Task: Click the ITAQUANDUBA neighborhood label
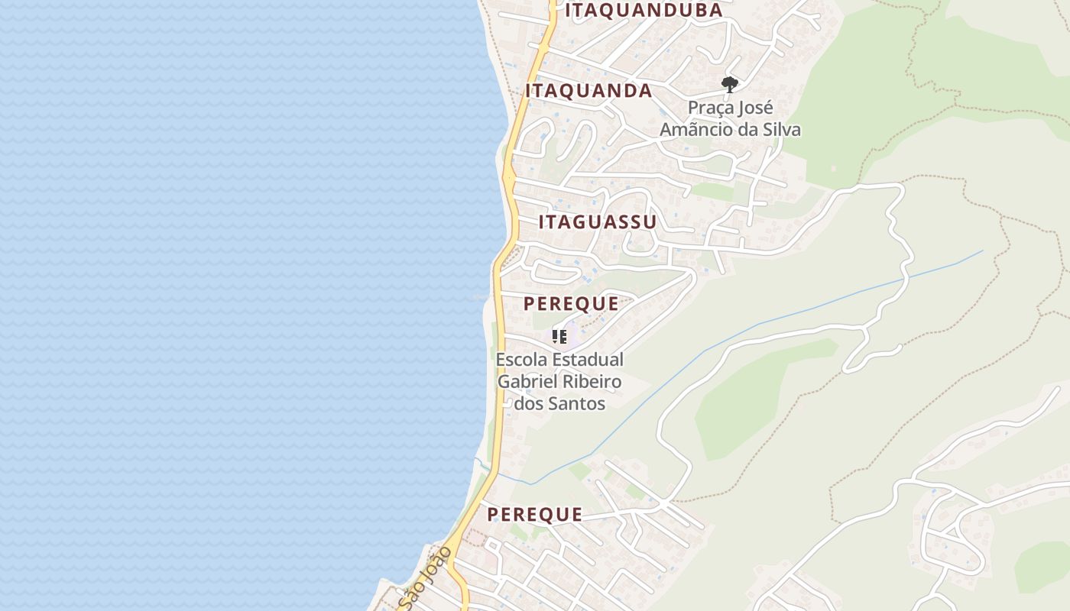pos(644,10)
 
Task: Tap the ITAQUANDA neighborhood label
pos(588,91)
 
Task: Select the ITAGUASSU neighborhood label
pos(598,222)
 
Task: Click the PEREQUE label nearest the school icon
pos(571,303)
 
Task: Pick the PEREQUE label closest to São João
pos(535,515)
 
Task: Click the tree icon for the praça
pos(730,84)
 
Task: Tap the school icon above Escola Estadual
pos(559,336)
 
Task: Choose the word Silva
pos(781,130)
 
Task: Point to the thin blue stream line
pos(764,322)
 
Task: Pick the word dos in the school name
pos(529,403)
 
